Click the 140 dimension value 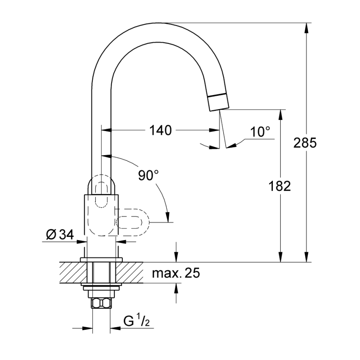click(160, 131)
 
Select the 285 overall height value click(305, 143)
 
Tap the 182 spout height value click(279, 186)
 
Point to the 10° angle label click(260, 132)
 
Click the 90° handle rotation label click(148, 175)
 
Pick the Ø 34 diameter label click(60, 235)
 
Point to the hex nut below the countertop click(101, 304)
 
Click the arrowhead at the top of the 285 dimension click(306, 27)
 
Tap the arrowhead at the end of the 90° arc click(168, 217)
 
